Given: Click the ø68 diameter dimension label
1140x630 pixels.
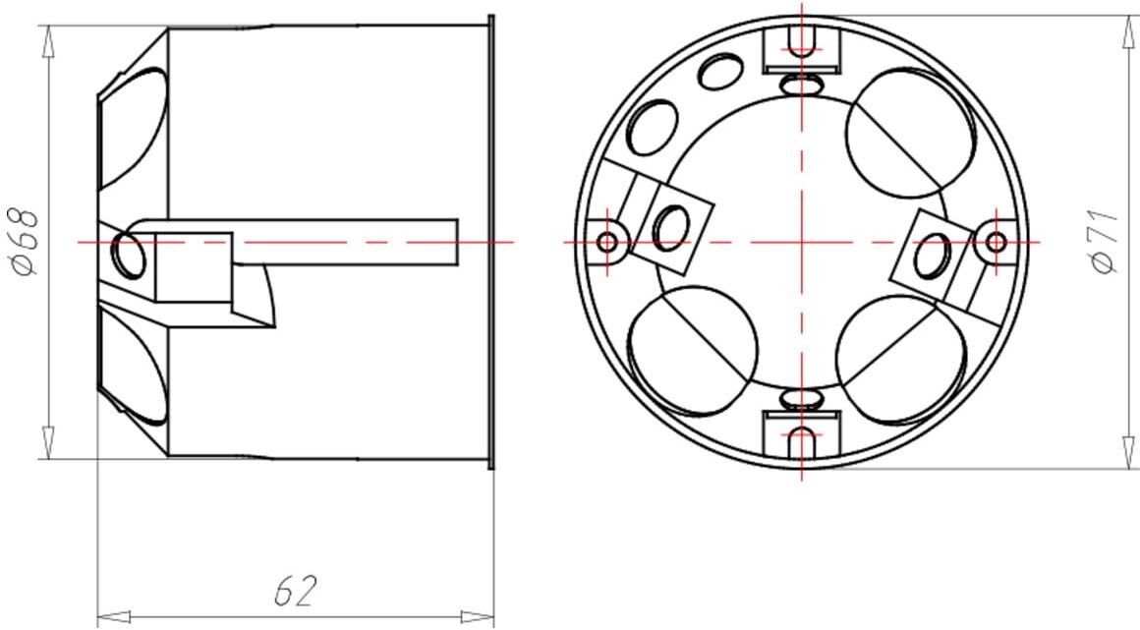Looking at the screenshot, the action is click(24, 242).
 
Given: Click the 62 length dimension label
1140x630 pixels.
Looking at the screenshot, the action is click(297, 592).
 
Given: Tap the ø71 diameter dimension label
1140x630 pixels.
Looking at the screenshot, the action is click(1105, 241).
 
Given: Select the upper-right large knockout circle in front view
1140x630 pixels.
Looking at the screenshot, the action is click(910, 133).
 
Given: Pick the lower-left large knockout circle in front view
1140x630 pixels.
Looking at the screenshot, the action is click(692, 352).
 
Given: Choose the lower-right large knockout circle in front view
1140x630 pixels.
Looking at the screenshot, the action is click(901, 360).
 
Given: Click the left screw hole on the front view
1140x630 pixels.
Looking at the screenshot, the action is click(607, 242).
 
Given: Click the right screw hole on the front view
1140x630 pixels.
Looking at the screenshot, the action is click(997, 242).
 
